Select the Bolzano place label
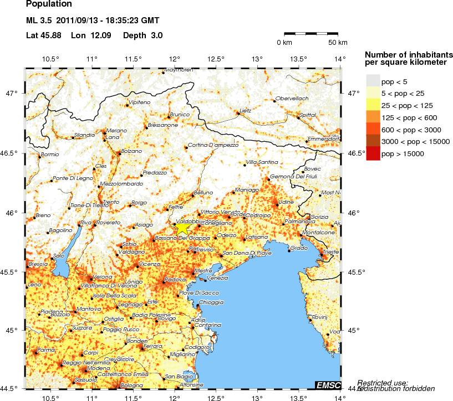click(131, 151)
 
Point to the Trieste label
click(330, 252)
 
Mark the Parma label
click(45, 349)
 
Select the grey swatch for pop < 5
click(373, 81)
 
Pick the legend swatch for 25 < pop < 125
click(373, 105)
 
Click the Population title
click(48, 4)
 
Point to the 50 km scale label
click(337, 43)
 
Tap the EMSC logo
click(328, 385)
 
